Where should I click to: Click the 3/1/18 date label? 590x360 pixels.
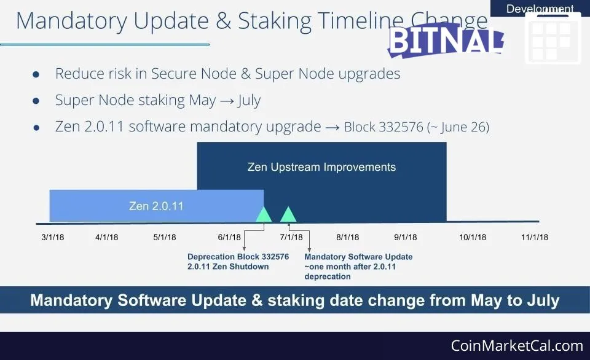click(53, 237)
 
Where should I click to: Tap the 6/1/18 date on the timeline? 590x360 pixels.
click(229, 237)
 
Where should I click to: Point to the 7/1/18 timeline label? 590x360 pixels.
click(291, 237)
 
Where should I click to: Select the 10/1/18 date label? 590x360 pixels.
click(473, 237)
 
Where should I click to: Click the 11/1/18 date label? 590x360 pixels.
click(535, 237)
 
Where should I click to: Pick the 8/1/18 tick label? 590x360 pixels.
click(348, 237)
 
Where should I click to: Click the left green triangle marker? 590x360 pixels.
click(264, 214)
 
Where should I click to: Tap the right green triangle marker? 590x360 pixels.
click(288, 214)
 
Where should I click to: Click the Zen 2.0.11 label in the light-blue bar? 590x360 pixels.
click(156, 206)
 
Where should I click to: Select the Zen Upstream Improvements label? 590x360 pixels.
click(321, 167)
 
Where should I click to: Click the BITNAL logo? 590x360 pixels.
click(446, 41)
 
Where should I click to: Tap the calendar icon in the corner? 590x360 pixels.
click(553, 37)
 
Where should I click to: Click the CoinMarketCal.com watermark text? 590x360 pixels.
click(517, 346)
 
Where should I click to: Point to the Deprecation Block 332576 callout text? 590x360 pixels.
click(238, 257)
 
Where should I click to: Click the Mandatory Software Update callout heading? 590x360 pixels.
click(358, 257)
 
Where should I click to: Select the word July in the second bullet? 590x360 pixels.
click(249, 100)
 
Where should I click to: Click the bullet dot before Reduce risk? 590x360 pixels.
click(36, 74)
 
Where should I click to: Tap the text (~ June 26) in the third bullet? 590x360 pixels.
click(458, 127)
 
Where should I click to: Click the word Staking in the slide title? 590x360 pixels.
click(275, 21)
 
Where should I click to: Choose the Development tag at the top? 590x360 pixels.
click(540, 8)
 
